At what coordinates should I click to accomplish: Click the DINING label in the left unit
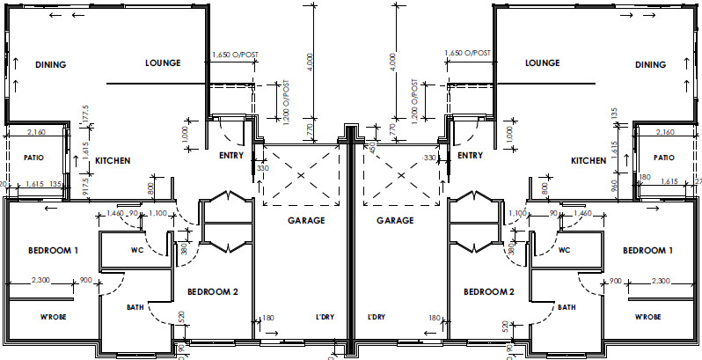pyautogui.click(x=51, y=64)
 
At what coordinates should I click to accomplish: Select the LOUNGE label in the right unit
pyautogui.click(x=542, y=63)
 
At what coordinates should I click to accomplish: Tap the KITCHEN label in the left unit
pyautogui.click(x=113, y=161)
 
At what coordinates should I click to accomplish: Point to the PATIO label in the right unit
pyautogui.click(x=663, y=157)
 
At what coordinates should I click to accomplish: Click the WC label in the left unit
pyautogui.click(x=137, y=250)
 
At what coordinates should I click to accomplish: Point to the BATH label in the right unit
pyautogui.click(x=566, y=307)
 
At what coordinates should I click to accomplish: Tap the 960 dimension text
pyautogui.click(x=613, y=181)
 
